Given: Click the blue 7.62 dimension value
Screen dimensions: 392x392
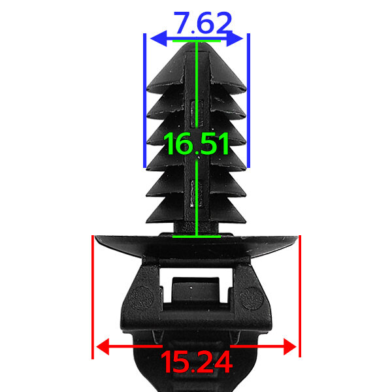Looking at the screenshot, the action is [203, 23].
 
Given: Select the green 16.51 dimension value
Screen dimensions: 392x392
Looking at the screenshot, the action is [196, 144].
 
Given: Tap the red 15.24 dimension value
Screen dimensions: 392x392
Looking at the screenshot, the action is [197, 362].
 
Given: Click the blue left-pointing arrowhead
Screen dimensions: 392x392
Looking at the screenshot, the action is [159, 39].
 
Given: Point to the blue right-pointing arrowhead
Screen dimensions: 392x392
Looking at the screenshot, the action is [235, 39].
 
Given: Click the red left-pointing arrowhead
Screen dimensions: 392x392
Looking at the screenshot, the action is [103, 347].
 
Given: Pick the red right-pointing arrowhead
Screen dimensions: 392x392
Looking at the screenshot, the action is [290, 347].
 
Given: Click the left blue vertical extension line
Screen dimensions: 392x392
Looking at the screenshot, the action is [144, 101].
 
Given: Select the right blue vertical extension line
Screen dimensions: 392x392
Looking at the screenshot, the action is [248, 101].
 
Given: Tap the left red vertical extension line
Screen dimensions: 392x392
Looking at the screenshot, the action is [93, 297].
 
